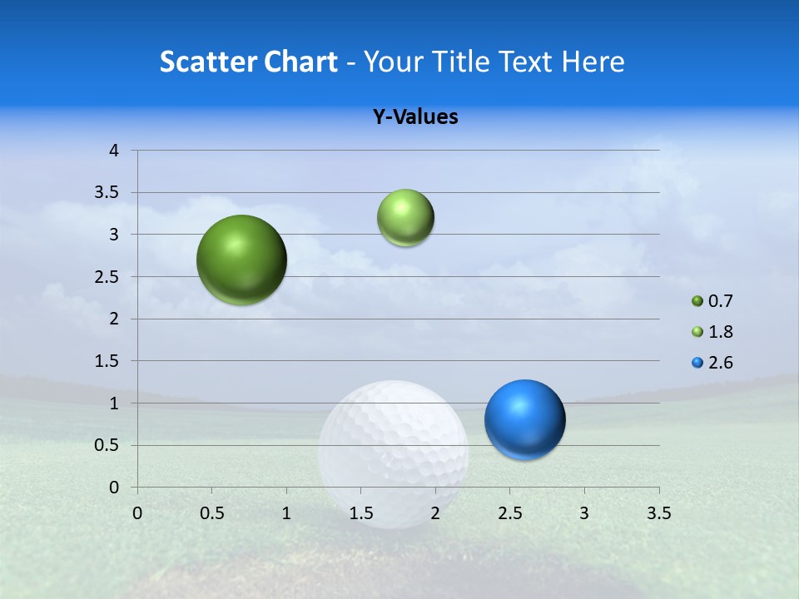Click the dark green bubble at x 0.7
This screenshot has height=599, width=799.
pos(241,260)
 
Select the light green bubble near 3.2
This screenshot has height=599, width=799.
pos(405,217)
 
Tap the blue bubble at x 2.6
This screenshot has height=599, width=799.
pos(524,419)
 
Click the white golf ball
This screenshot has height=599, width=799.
pos(394,453)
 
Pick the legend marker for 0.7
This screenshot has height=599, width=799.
pos(697,301)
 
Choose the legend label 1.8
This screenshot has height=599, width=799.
pos(721,332)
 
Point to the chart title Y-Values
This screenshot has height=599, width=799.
pos(415,116)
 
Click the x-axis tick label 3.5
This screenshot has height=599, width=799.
pos(658,513)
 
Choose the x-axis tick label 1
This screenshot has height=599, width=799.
pos(286,513)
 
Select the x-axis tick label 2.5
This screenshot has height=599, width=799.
pos(509,513)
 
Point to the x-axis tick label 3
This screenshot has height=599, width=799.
pos(584,513)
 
